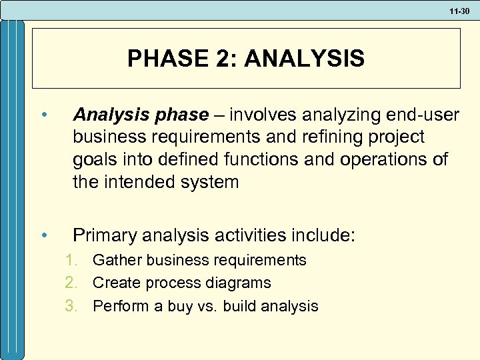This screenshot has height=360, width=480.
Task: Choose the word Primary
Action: pyautogui.click(x=104, y=235)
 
